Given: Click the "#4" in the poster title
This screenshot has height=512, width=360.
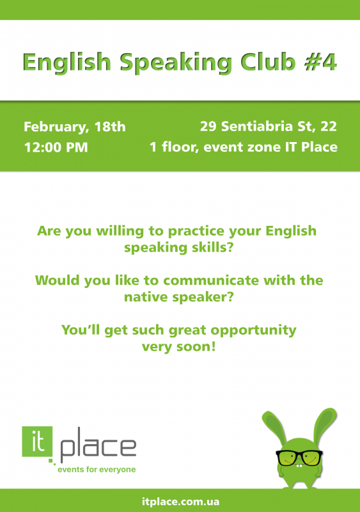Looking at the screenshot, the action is click(x=320, y=61).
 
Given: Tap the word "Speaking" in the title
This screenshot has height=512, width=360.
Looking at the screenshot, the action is click(x=176, y=63).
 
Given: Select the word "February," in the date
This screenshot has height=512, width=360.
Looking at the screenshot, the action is click(x=56, y=127).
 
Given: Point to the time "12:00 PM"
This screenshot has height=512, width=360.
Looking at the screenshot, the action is click(x=56, y=147).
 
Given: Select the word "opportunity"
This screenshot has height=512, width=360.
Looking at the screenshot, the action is click(x=254, y=330).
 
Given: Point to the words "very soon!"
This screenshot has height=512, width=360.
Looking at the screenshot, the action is click(x=179, y=347).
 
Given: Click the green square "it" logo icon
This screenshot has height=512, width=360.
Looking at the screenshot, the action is click(x=37, y=442).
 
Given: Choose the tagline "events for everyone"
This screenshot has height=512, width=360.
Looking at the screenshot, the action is click(x=97, y=470).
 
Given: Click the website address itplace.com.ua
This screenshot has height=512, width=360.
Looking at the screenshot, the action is click(x=180, y=502).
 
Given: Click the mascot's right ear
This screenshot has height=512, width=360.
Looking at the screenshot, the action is click(x=324, y=424).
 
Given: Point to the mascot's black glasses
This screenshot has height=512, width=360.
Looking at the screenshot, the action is click(x=299, y=458).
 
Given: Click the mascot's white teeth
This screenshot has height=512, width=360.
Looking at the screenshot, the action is click(x=299, y=466).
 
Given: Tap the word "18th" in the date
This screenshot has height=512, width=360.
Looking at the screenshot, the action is click(x=110, y=127).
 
